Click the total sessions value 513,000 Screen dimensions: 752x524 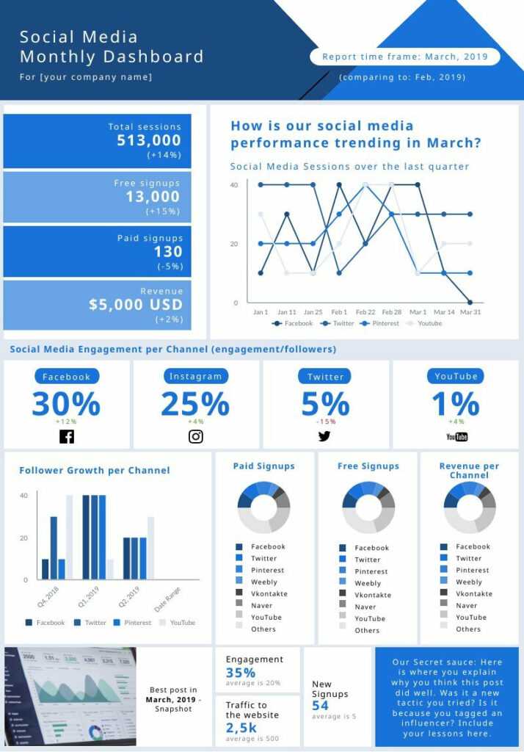click(x=149, y=140)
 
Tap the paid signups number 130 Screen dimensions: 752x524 click(x=168, y=252)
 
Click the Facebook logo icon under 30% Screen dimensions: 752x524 click(x=66, y=437)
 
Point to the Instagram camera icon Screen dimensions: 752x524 click(x=196, y=436)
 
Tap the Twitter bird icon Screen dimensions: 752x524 click(x=324, y=436)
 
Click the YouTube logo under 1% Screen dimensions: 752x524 click(x=456, y=437)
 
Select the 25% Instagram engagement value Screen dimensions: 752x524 click(x=195, y=404)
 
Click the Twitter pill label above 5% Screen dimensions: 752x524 click(x=325, y=377)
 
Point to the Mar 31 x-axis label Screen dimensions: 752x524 click(x=470, y=312)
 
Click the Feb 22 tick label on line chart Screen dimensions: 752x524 click(x=365, y=312)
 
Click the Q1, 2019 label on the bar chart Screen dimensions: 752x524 click(x=88, y=593)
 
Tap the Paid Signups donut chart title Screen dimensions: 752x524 click(x=263, y=466)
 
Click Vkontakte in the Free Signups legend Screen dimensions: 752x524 click(x=373, y=595)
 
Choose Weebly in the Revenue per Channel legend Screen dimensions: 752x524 click(x=469, y=582)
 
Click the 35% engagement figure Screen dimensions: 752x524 click(x=241, y=672)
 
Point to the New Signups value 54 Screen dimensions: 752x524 click(x=320, y=705)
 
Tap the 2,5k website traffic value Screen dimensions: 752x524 click(x=241, y=727)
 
